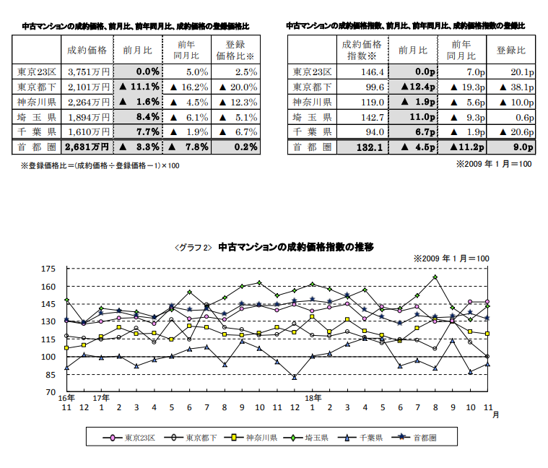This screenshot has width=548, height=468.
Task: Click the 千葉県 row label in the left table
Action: pyautogui.click(x=37, y=131)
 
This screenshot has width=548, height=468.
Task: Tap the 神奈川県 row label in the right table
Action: pyautogui.click(x=312, y=102)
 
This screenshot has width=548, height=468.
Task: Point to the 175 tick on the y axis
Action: pyautogui.click(x=48, y=269)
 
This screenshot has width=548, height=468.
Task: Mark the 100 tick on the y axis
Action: pyautogui.click(x=48, y=357)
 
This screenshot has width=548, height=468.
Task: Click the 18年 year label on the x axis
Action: pyautogui.click(x=313, y=398)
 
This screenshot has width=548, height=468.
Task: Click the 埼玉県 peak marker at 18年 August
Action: pyautogui.click(x=435, y=277)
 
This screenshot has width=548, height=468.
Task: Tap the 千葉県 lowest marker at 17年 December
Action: pyautogui.click(x=295, y=377)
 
